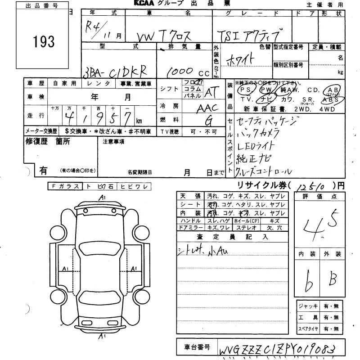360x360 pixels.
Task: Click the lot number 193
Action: coord(44,42)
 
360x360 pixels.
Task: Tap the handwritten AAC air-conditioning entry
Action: coord(207,108)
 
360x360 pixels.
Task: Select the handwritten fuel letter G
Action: coord(209,120)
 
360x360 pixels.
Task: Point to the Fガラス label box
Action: coord(65,186)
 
